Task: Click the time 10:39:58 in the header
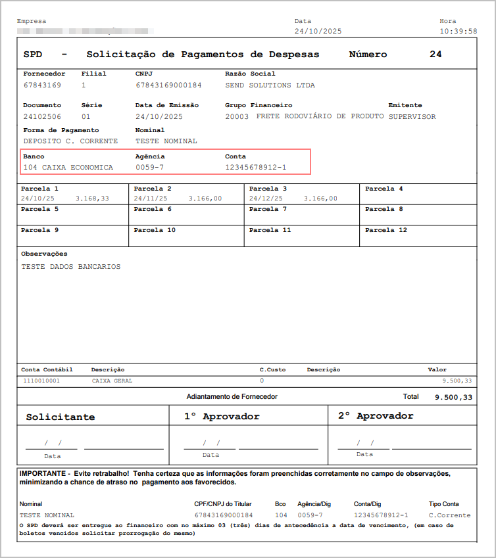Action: coord(458,32)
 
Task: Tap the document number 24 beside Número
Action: coord(435,55)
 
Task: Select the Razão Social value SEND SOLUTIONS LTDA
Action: coord(270,85)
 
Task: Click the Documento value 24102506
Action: coord(42,117)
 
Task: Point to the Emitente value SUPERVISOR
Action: coord(412,117)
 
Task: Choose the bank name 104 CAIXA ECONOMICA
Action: coord(68,168)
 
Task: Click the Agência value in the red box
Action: coord(149,168)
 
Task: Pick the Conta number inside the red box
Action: coord(255,168)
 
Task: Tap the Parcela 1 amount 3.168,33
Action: coord(92,198)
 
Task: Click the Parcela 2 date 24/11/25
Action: coord(151,198)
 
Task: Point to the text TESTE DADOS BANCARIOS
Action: coord(71,267)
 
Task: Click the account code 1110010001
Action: coord(41,381)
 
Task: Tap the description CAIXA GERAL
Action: coord(112,381)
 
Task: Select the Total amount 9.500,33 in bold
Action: coord(453,398)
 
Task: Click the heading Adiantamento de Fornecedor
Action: coord(232,397)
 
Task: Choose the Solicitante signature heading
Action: coord(61,417)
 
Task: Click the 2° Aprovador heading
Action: coord(376,416)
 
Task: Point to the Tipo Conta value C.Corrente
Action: coord(449,515)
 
